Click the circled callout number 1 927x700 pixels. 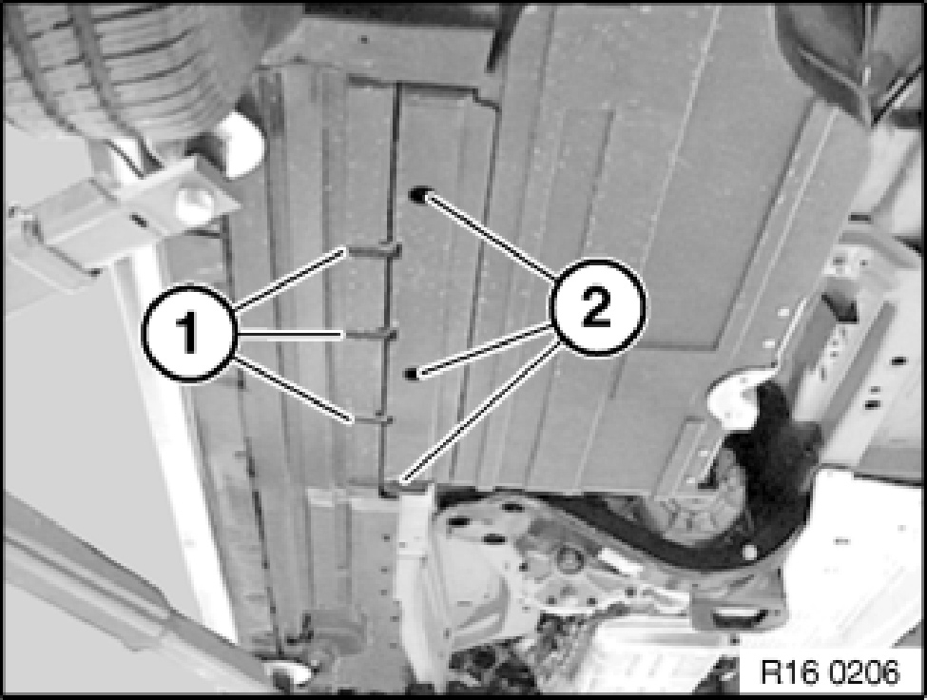(x=188, y=333)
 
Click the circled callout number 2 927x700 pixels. (x=597, y=307)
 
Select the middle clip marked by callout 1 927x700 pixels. (x=370, y=335)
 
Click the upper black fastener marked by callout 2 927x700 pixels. (x=419, y=194)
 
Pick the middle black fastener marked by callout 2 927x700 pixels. (x=412, y=373)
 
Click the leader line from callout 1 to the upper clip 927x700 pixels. (x=290, y=280)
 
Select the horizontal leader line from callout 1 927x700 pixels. (x=290, y=335)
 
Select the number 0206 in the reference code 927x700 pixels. (x=863, y=672)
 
